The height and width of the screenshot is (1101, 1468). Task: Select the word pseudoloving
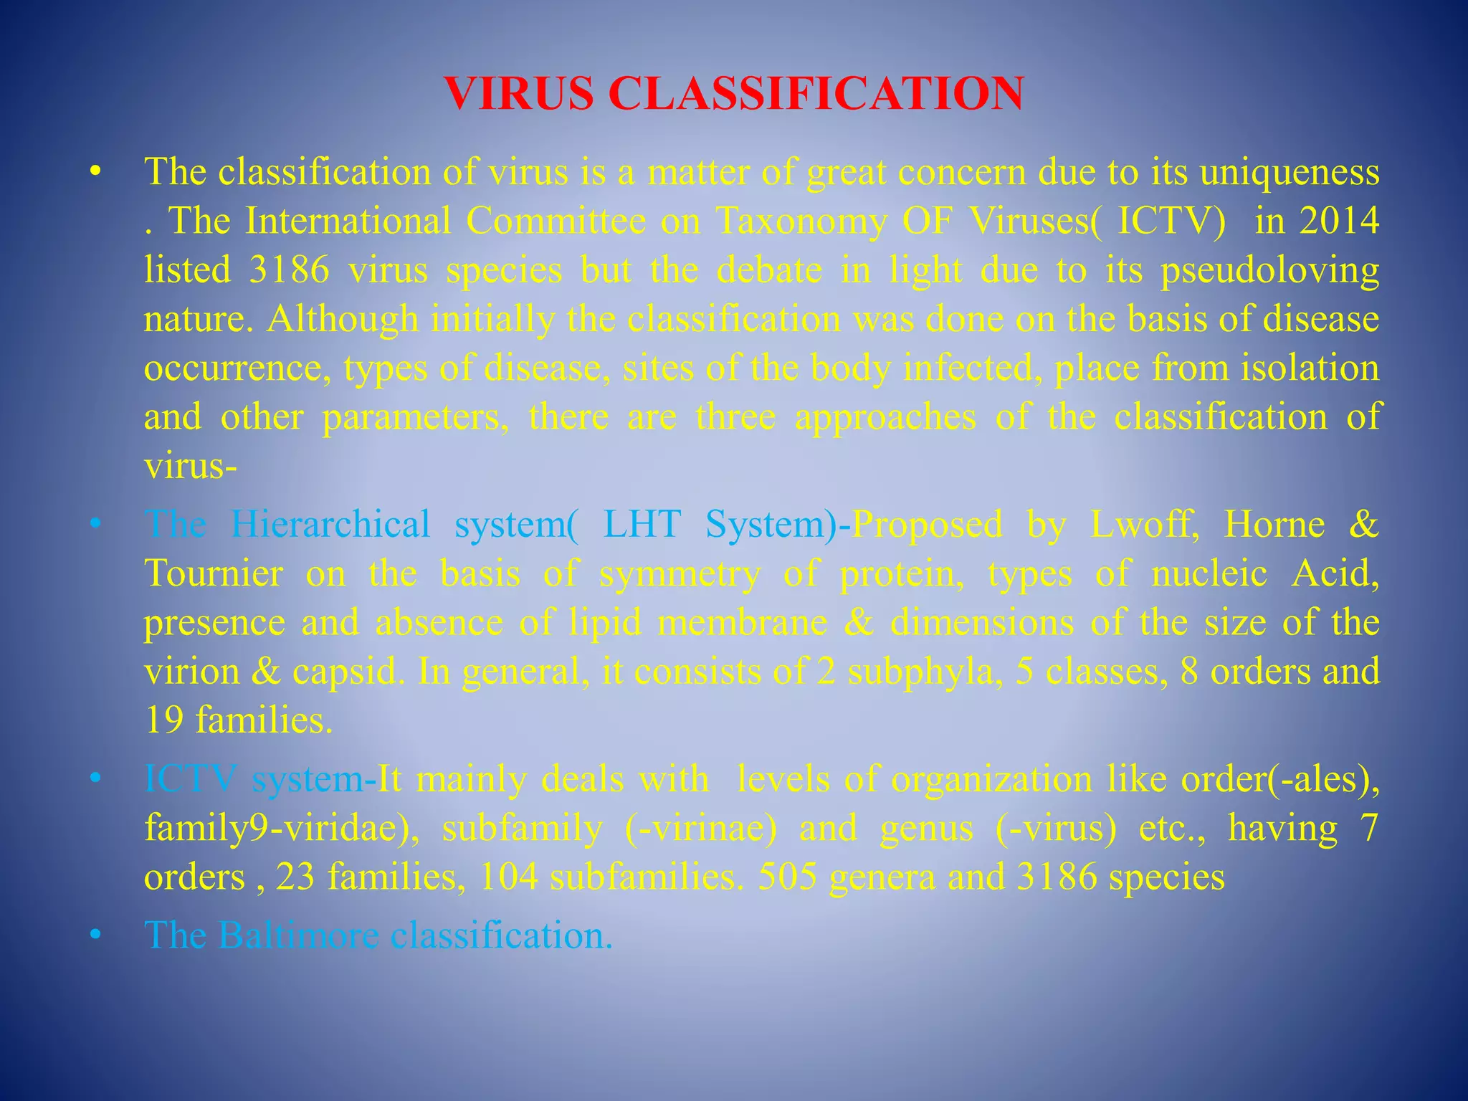point(1269,271)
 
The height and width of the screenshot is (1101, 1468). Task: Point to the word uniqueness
point(1290,172)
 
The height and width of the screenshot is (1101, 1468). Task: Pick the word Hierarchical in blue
point(330,524)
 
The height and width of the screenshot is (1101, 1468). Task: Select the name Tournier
point(214,573)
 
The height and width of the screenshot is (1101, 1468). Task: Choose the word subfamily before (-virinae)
point(522,829)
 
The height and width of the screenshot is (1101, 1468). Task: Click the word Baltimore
point(298,935)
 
